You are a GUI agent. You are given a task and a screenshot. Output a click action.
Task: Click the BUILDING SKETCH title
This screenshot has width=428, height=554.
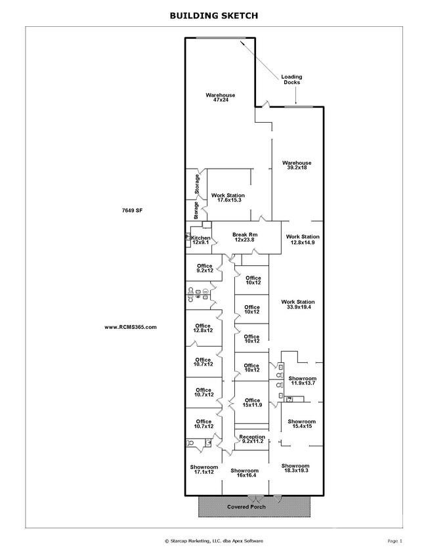pos(214,16)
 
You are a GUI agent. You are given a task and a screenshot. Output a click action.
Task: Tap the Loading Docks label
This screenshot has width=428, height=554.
pos(291,79)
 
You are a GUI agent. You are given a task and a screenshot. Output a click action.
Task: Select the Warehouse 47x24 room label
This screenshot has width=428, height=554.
pos(220,98)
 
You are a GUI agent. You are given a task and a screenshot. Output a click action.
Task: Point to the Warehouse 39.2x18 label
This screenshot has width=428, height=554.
pos(297,165)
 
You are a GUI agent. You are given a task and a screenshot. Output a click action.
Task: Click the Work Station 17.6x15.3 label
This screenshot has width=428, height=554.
pos(228,198)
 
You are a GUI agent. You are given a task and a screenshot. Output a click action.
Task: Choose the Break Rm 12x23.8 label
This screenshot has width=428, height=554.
pos(245,237)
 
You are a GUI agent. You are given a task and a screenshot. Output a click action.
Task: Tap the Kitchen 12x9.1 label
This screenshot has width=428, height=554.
pos(200,240)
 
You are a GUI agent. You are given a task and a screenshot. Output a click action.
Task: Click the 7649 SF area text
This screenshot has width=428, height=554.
pos(132,210)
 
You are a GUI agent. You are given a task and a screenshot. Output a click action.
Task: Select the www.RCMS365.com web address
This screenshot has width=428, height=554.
pos(131,327)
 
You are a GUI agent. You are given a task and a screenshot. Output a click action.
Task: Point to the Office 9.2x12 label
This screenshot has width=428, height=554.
pos(205,268)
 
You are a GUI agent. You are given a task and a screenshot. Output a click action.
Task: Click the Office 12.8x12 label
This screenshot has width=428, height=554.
pos(203,328)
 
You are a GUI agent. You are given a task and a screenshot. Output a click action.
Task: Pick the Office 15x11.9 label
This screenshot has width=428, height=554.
pos(252,403)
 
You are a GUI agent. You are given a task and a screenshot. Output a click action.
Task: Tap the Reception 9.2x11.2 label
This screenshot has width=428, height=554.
pos(252,439)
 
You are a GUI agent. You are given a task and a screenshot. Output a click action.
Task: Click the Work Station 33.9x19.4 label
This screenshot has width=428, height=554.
pos(298,305)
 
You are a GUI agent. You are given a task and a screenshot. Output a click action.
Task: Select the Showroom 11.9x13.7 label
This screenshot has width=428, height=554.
pos(303,381)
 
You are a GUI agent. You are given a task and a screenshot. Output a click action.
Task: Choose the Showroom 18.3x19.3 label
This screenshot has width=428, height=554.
pos(295,468)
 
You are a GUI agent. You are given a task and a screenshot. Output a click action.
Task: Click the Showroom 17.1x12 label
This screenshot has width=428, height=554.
pos(204,469)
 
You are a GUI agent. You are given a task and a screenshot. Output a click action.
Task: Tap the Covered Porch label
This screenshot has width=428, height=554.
pos(246,507)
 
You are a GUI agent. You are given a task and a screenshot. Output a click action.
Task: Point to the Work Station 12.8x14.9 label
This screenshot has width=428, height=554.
pos(303,240)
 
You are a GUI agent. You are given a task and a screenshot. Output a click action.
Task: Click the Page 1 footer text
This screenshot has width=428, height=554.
pos(395,541)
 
